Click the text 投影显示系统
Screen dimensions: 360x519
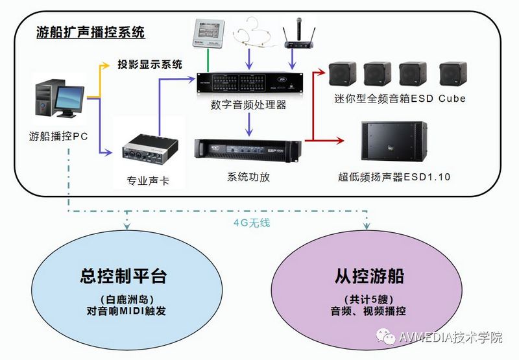pyautogui.click(x=150, y=64)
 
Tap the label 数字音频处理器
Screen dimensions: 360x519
pyautogui.click(x=248, y=104)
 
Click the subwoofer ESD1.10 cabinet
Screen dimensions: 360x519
pyautogui.click(x=393, y=141)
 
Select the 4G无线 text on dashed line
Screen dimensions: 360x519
pyautogui.click(x=251, y=222)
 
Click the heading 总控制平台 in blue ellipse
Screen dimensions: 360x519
pyautogui.click(x=123, y=276)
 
